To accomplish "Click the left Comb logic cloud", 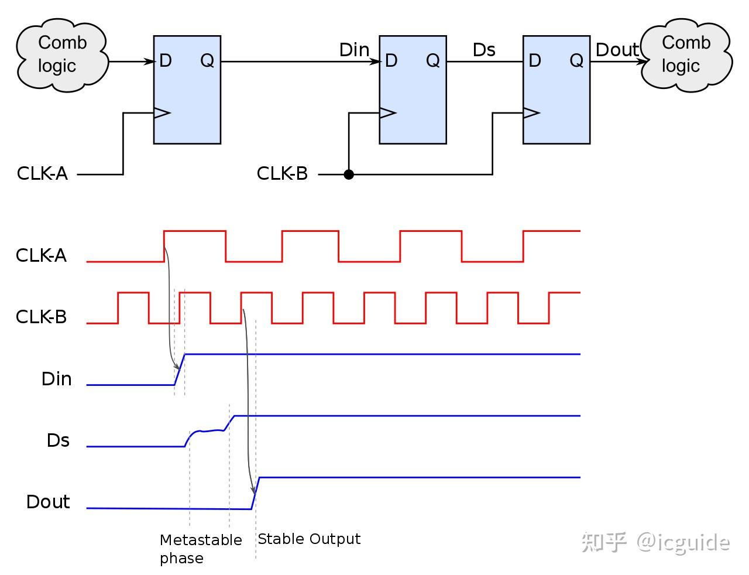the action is pos(63,55).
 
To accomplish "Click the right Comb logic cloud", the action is pos(686,55).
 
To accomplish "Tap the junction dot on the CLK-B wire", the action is pos(349,174).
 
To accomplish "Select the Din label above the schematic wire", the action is pos(354,50).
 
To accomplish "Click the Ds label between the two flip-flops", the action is pos(484,50).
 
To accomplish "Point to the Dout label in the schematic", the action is pos(617,50).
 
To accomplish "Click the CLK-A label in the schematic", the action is pos(42,173).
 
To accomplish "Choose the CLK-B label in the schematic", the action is pos(282,173).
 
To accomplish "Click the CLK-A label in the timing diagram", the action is pos(41,256).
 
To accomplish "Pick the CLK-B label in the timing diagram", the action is pos(41,317).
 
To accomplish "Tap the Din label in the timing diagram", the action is pos(57,379).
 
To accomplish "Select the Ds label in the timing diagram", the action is pos(58,440).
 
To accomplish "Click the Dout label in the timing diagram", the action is pos(48,502).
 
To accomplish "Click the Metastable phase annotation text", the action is pos(201,549).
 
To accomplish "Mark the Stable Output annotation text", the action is pos(309,539).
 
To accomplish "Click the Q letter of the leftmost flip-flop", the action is pos(207,61).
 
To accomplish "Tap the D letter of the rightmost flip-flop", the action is pos(535,61).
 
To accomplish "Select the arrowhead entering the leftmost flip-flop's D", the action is pos(149,61).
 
